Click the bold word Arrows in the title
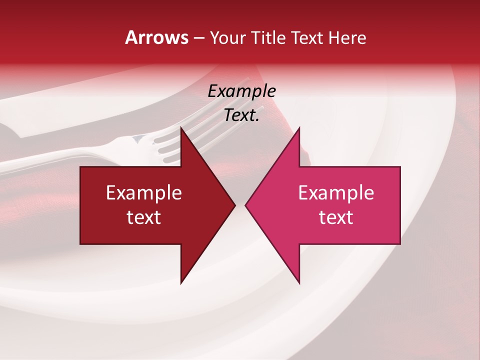point(156,37)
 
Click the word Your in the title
point(227,37)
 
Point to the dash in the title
point(198,38)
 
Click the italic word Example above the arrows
point(241,91)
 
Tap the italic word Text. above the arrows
point(241,115)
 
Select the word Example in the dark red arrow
point(144,192)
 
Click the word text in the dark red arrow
point(144,217)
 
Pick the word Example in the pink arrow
point(336,192)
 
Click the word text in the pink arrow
point(336,217)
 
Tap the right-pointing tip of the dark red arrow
point(234,205)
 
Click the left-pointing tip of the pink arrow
point(246,205)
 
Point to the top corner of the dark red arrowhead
point(181,128)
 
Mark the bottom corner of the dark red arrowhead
point(181,282)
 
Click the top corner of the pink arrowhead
point(299,128)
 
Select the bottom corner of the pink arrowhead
point(299,282)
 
